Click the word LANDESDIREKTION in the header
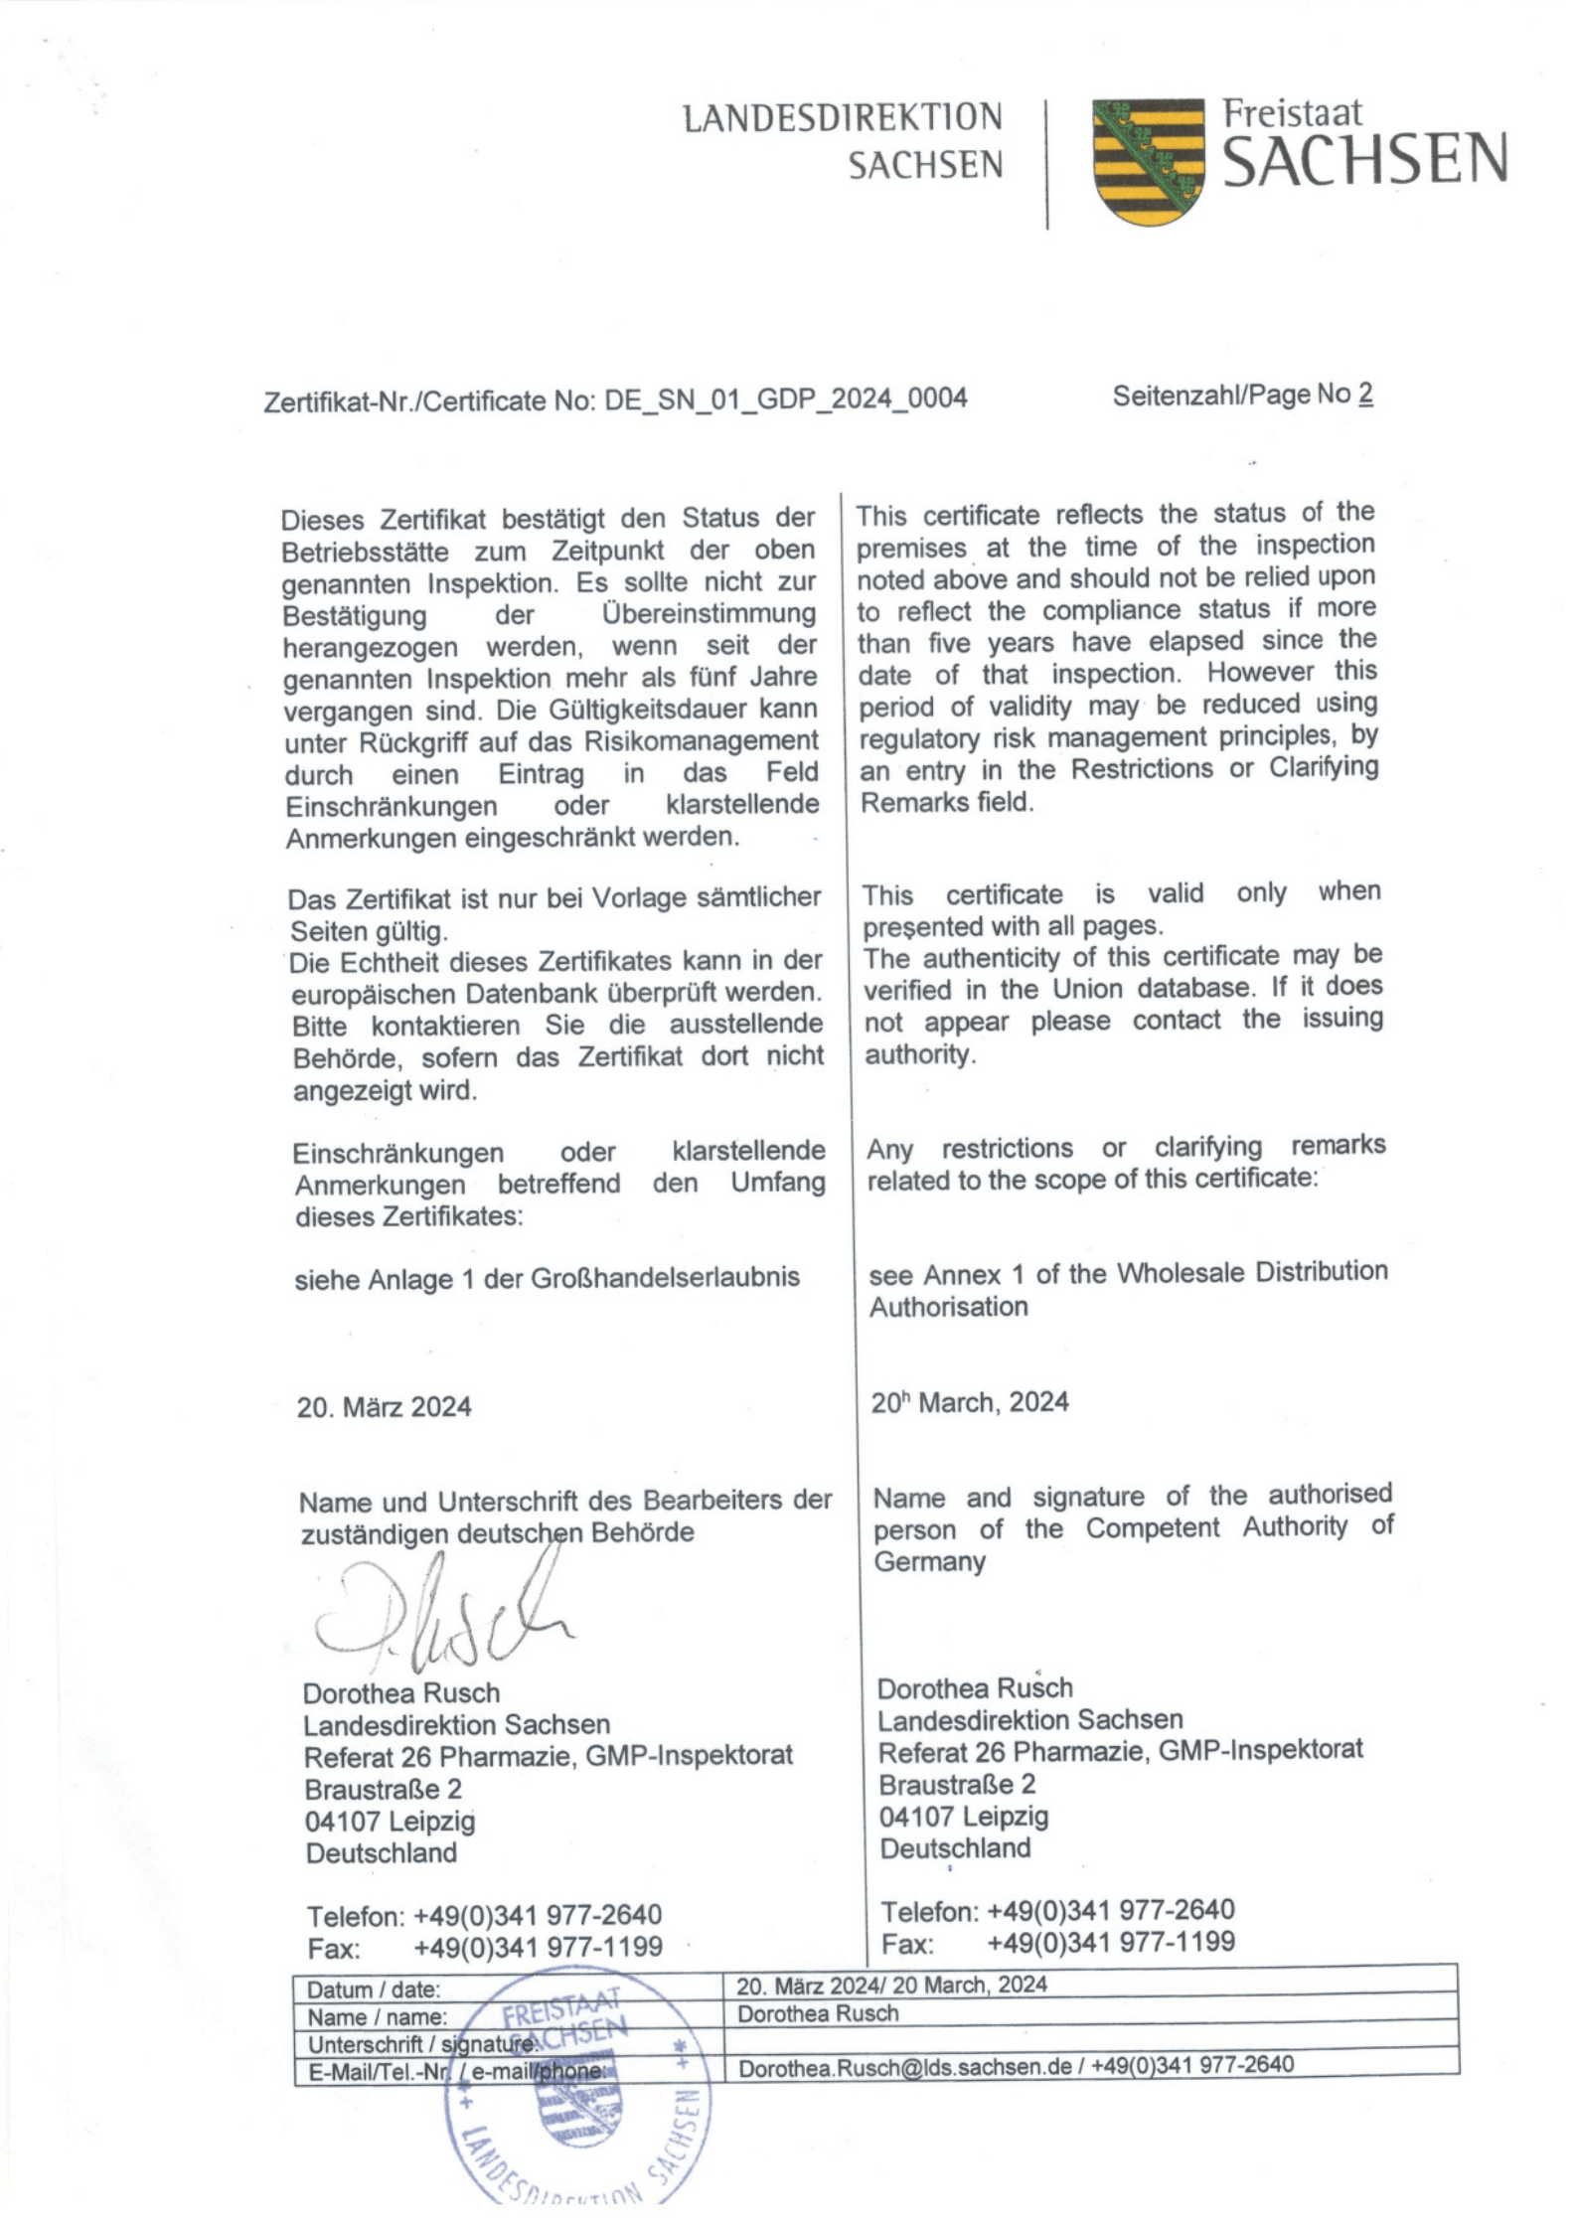pos(843,118)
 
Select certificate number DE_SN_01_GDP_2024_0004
pos(785,398)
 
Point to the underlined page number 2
pos(1365,395)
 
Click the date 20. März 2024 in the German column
pos(384,1407)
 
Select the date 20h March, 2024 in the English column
pos(970,1403)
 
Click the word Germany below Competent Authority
pos(929,1561)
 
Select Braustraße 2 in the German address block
pos(383,1789)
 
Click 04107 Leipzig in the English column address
pos(963,1817)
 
